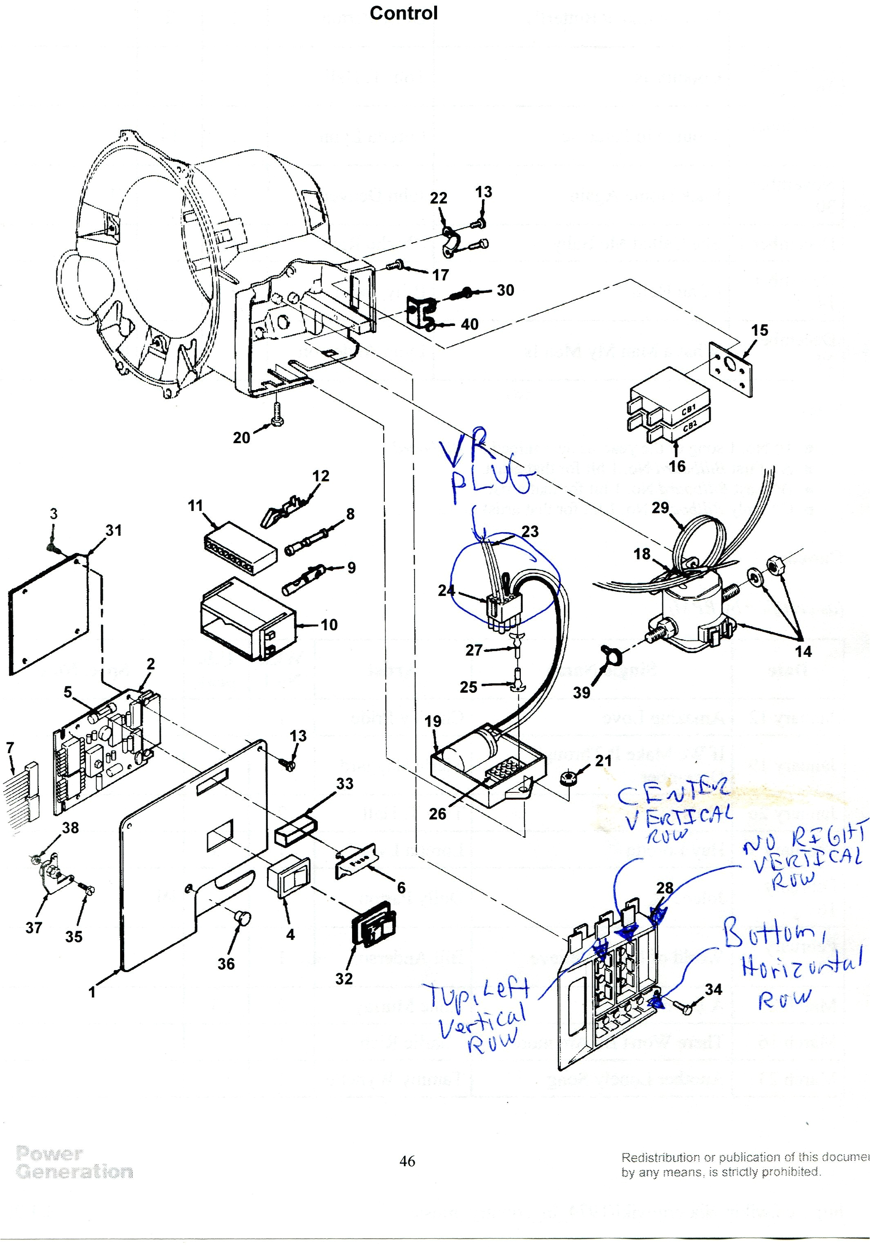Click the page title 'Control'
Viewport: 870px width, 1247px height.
[x=403, y=13]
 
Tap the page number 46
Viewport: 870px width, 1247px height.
[x=407, y=1161]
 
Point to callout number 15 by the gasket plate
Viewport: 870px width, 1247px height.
[x=759, y=330]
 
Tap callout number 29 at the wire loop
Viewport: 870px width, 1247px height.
[x=660, y=508]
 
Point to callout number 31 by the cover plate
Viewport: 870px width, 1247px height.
[x=114, y=530]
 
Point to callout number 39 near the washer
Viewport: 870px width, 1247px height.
[x=582, y=692]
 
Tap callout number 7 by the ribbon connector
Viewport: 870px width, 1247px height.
[x=10, y=748]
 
